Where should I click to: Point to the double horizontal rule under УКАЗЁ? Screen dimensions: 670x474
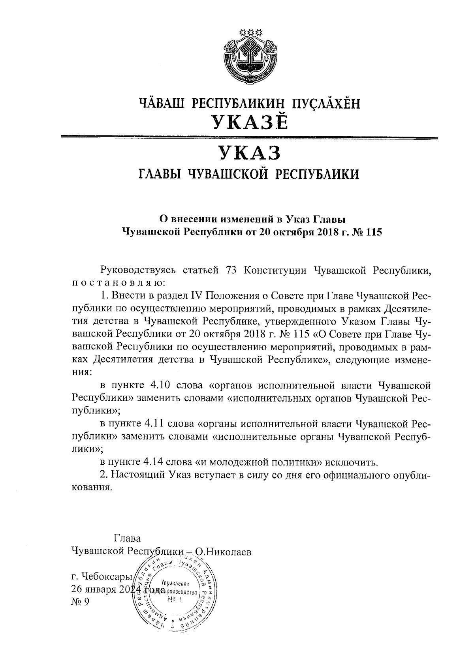click(249, 138)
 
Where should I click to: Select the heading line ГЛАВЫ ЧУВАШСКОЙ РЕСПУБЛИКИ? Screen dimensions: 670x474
click(248, 174)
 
